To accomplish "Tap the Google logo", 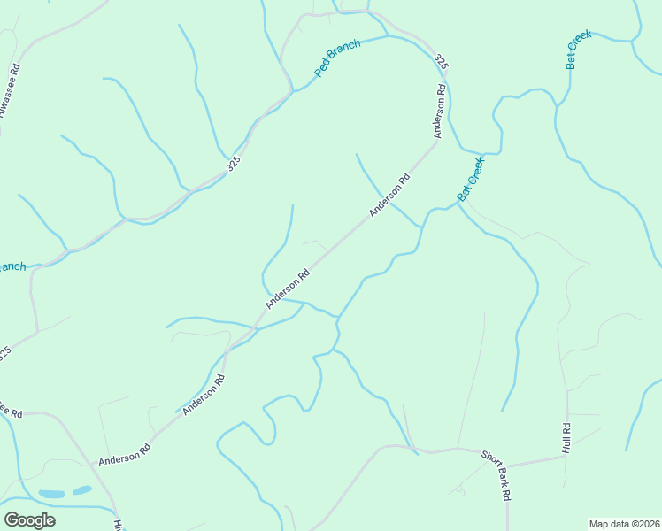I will pos(29,520).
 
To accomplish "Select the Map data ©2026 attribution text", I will pos(623,523).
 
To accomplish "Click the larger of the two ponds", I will pos(51,493).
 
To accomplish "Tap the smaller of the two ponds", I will pos(82,489).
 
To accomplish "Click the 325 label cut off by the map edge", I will pos(4,353).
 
